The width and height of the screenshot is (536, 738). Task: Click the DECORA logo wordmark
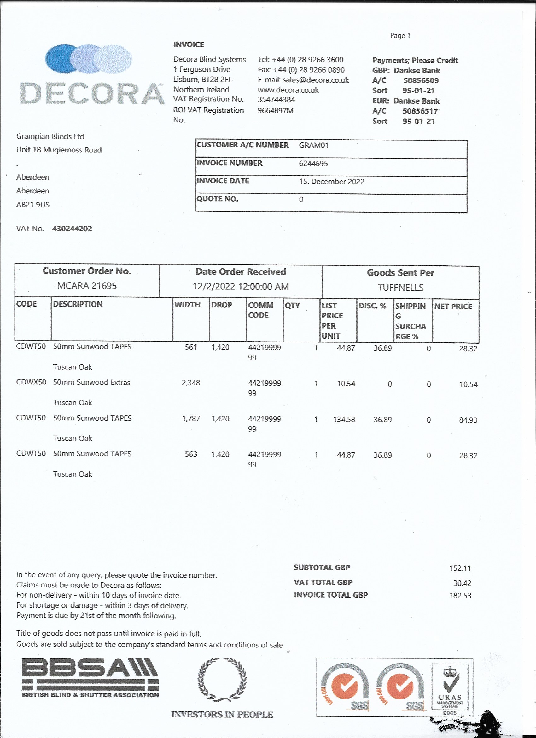(x=92, y=94)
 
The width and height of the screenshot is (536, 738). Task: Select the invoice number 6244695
(x=313, y=163)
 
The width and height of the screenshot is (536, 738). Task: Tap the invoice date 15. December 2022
(x=332, y=182)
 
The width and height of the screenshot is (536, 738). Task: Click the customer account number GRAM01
(x=314, y=146)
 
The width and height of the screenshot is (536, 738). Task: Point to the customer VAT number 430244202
(x=72, y=229)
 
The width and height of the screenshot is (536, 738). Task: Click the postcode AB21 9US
(x=33, y=205)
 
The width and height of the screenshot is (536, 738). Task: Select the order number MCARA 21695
(x=87, y=286)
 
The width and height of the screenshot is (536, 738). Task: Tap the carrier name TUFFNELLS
(x=400, y=288)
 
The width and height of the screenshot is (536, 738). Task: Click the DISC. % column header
(x=372, y=306)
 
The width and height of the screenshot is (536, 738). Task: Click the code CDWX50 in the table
(x=31, y=382)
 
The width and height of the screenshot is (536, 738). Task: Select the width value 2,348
(x=191, y=383)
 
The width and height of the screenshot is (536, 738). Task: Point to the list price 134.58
(x=344, y=420)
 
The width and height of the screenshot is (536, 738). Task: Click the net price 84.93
(x=468, y=420)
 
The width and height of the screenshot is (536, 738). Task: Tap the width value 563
(x=191, y=454)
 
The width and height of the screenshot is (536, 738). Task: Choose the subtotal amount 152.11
(x=460, y=568)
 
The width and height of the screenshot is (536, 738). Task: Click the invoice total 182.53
(x=460, y=595)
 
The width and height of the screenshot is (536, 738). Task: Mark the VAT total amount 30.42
(x=462, y=583)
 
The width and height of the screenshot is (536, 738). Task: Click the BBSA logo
(x=90, y=678)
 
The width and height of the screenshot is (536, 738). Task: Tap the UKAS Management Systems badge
(x=450, y=688)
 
